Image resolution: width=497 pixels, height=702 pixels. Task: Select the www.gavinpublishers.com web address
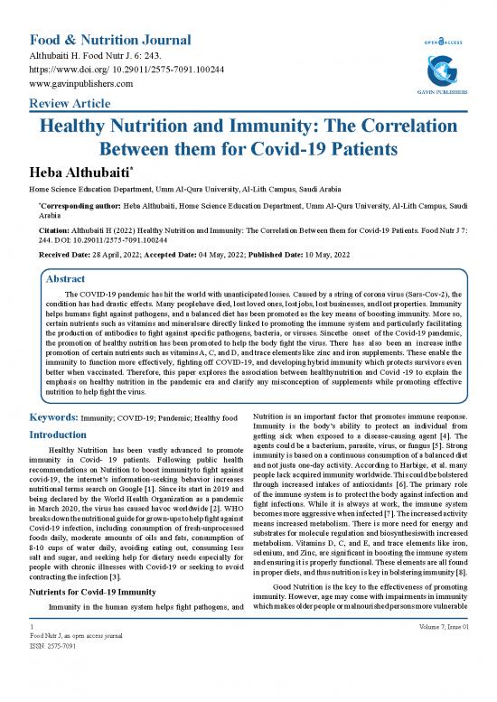[82, 83]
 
